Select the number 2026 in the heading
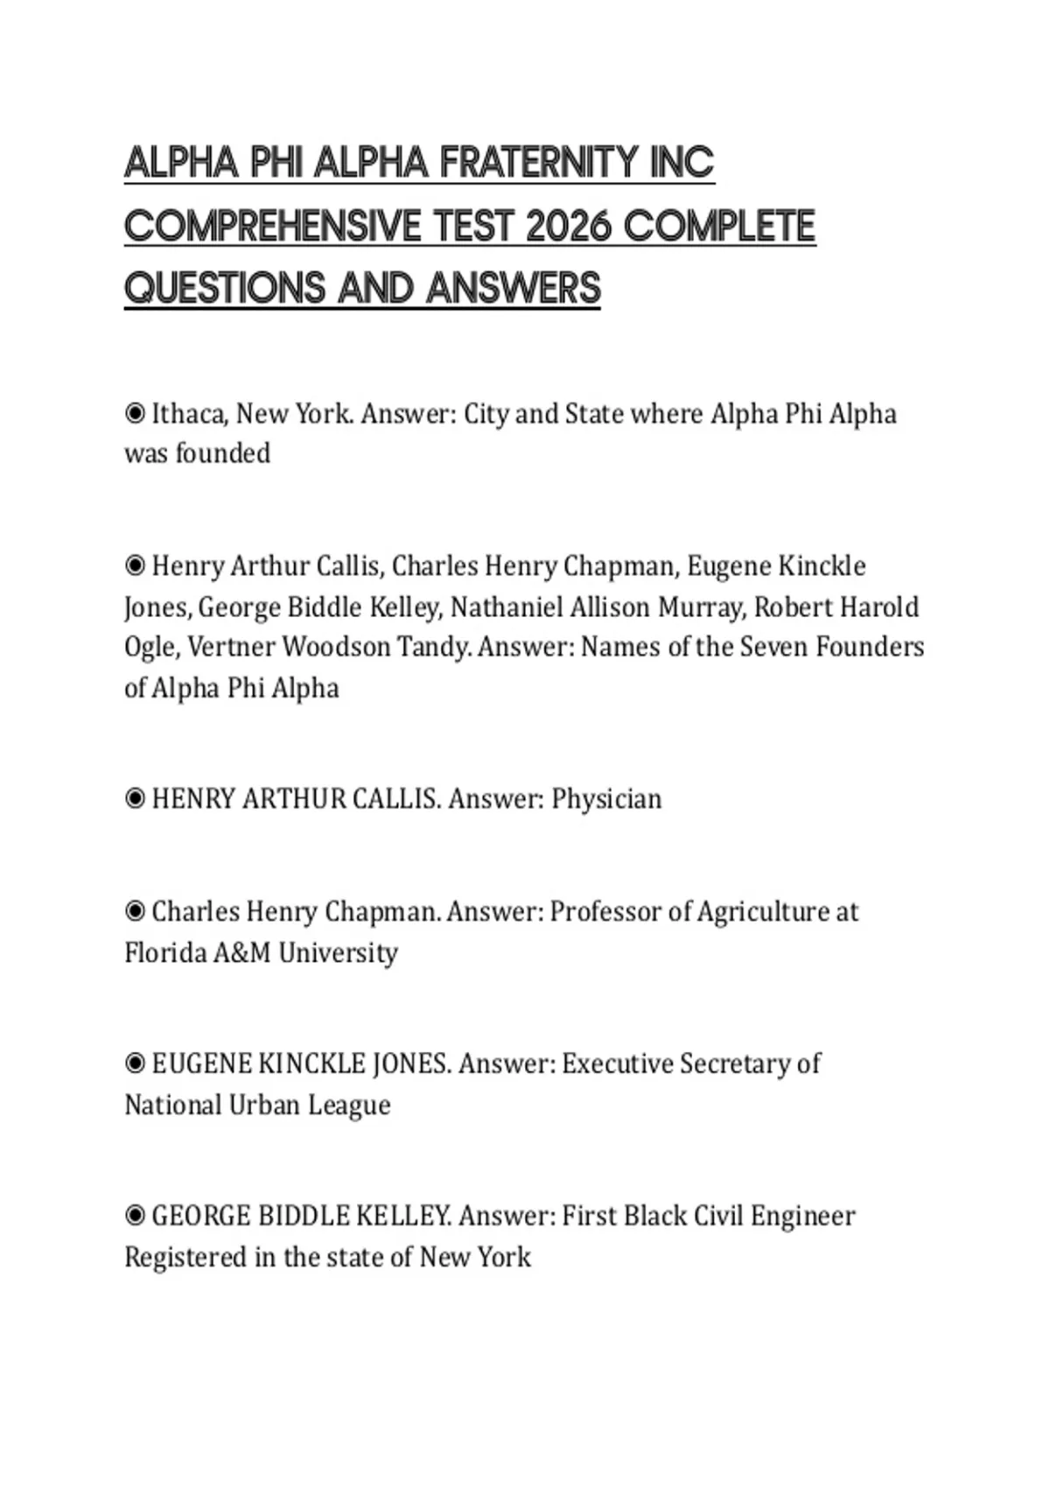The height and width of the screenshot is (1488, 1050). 568,226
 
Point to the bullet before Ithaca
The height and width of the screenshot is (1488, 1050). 135,413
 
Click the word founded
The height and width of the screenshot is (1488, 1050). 222,453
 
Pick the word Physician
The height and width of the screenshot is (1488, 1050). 606,799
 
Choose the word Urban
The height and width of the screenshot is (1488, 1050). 262,1105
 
